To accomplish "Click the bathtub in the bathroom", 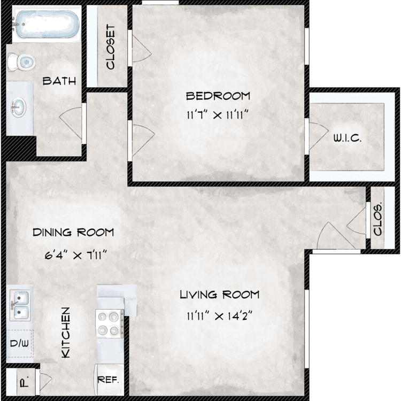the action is [46, 25].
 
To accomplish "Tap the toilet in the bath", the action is [21, 62].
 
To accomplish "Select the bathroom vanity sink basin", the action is [18, 107].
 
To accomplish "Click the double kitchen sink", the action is [20, 305].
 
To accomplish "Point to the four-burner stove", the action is [110, 323].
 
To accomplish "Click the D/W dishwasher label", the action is [19, 343].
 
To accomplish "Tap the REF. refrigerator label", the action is [108, 380].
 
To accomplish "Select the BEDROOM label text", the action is [218, 96].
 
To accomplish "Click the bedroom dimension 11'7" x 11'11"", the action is [218, 115].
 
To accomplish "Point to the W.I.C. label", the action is [348, 138].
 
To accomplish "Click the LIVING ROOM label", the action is [219, 295].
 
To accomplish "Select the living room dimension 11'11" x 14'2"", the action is [219, 316].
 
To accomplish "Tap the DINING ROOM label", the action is [73, 232].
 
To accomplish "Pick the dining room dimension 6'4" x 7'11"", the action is [75, 255].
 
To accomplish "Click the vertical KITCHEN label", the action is [66, 333].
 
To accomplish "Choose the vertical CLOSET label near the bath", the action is [111, 47].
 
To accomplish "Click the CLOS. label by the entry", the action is [377, 219].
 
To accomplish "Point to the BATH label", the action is [59, 81].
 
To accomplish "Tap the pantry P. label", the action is [24, 382].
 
